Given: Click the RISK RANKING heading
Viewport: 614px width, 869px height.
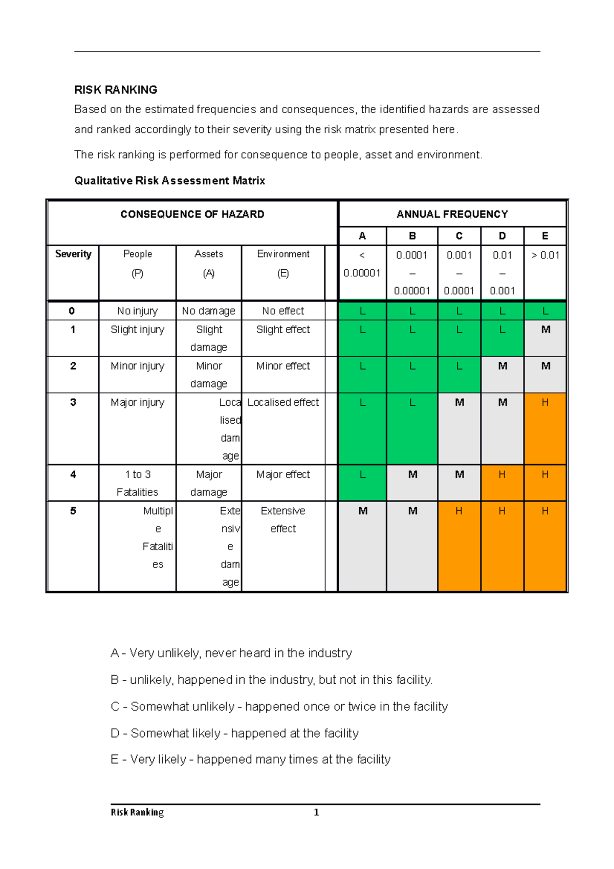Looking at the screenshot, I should point(116,90).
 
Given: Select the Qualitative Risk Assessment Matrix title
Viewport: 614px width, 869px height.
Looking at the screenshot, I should point(169,181).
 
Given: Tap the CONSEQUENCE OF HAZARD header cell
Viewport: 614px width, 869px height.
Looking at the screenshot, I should point(192,214).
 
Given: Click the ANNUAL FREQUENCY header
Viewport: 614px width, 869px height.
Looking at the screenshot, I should point(452,214).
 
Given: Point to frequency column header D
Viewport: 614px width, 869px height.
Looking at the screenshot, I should point(502,236).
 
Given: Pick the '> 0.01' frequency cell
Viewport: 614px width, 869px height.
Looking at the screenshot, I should point(545,255).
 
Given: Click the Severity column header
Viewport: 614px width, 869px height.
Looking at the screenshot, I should point(73,254).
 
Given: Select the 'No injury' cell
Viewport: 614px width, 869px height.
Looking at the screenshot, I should point(137,311).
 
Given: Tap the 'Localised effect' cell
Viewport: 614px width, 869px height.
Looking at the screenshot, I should point(283,403).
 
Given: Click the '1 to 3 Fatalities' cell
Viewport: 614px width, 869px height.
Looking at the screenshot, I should point(137,483).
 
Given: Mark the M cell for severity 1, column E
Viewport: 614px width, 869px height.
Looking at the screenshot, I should point(545,330).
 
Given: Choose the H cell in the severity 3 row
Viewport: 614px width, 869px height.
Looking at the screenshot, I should point(545,403).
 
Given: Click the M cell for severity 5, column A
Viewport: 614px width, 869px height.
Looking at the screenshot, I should point(363,511).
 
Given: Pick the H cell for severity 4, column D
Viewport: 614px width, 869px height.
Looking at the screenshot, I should point(502,475).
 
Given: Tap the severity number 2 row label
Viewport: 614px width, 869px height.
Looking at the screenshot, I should point(73,366).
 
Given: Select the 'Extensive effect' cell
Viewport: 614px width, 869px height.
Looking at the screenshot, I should point(283,519).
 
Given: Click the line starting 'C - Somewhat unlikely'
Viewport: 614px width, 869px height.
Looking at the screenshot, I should point(279,707).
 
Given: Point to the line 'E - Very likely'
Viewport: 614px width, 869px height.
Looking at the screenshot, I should point(250,759).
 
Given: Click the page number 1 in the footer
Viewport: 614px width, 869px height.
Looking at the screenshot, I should point(316,813).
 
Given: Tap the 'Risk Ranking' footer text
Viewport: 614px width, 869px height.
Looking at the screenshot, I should point(137,813).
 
